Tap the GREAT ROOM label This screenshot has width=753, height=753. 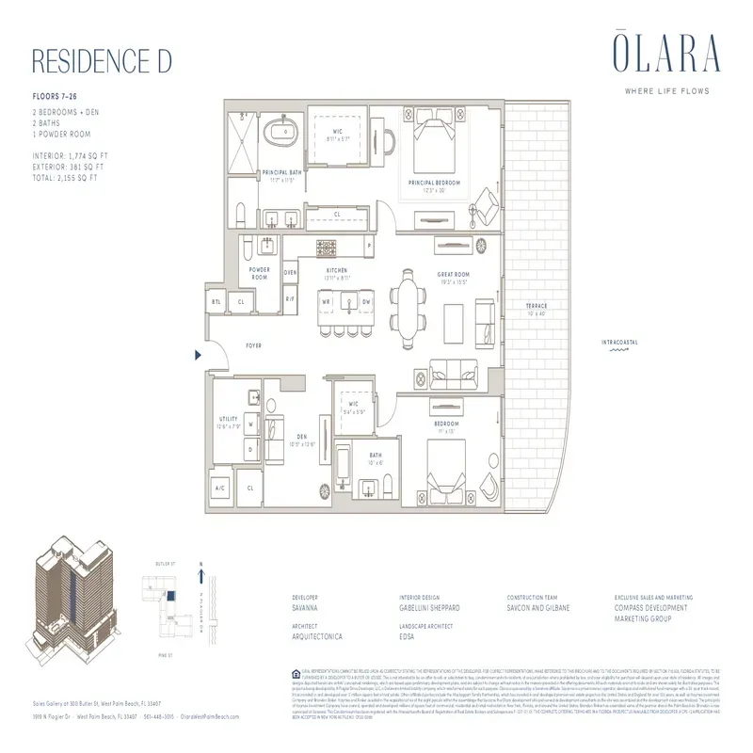[452, 275]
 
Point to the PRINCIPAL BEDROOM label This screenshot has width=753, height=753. [434, 182]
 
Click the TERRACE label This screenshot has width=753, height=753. [537, 307]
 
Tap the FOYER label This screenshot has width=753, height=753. [253, 345]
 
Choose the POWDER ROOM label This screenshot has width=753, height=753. [259, 273]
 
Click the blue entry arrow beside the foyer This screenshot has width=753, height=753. [198, 355]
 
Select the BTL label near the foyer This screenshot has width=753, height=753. [216, 303]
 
